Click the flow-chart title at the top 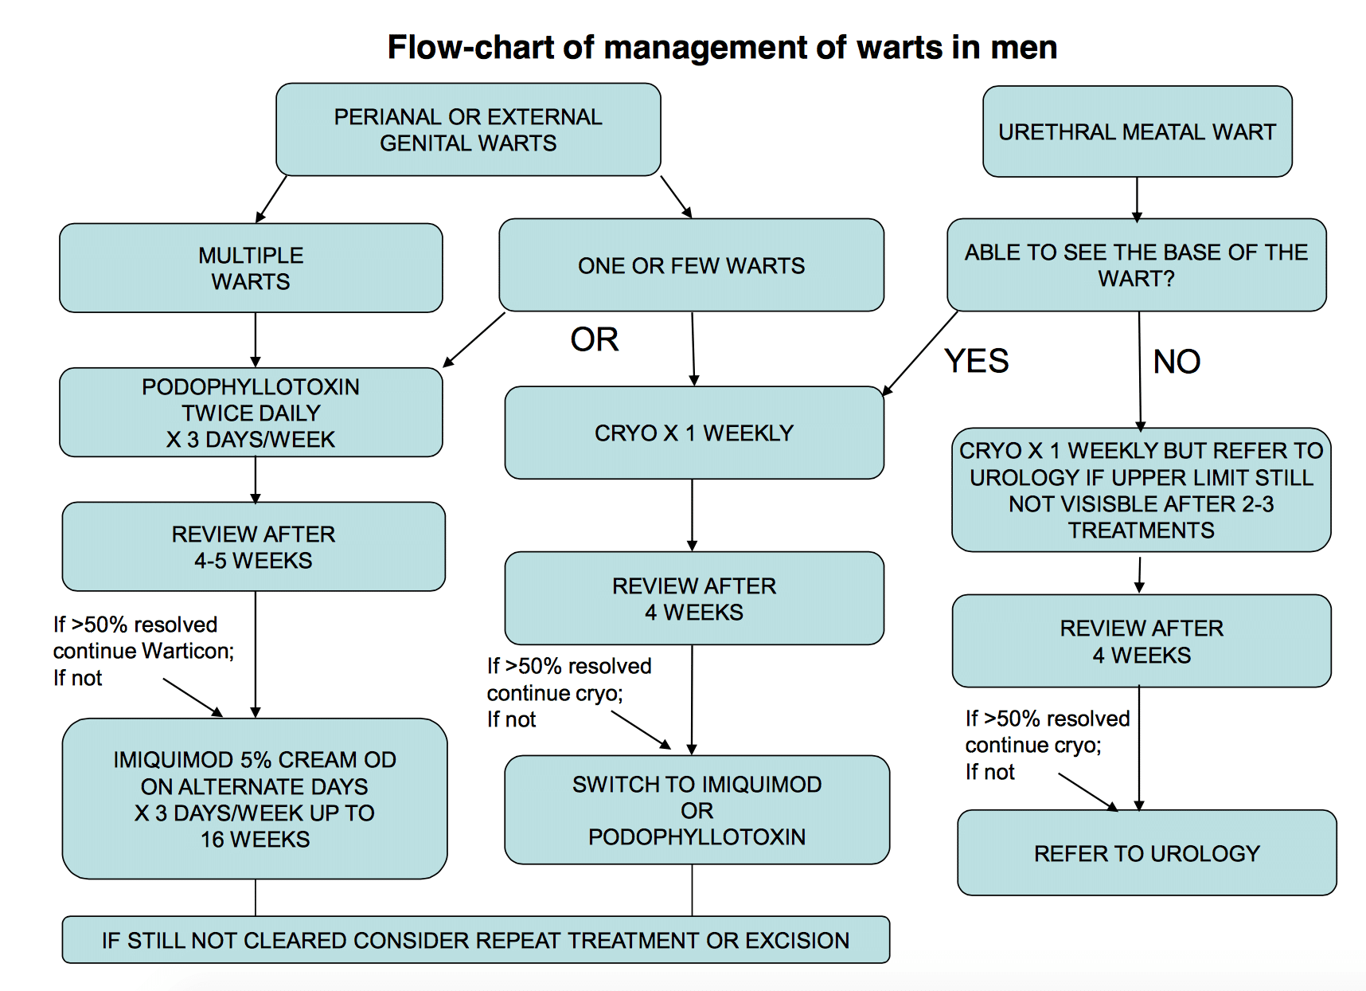tap(721, 48)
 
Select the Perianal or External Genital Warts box tap(468, 130)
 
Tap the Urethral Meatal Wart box tap(1137, 131)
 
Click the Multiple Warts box tap(251, 268)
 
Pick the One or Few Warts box tap(691, 265)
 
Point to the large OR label tap(594, 340)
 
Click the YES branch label tap(976, 362)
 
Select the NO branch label tap(1176, 362)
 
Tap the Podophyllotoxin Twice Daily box tap(251, 413)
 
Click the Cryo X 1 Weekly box tap(693, 433)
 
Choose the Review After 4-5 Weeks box tap(253, 546)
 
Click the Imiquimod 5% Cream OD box tap(255, 799)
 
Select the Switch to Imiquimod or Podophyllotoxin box tap(697, 810)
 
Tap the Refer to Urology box tap(1146, 853)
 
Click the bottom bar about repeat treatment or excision tap(475, 940)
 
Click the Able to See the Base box tap(1136, 265)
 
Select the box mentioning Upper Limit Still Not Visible tap(1141, 490)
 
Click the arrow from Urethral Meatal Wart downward tap(1137, 198)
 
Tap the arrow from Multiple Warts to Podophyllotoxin tap(256, 340)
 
